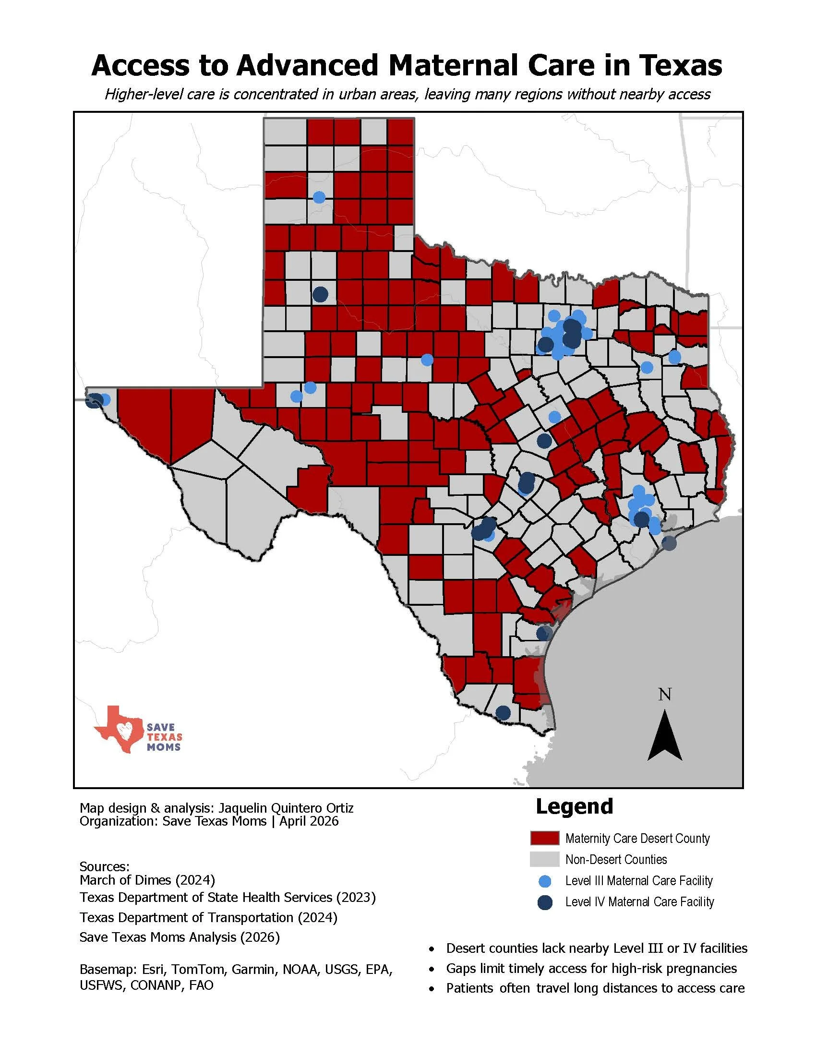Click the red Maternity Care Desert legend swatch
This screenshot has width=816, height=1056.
click(x=544, y=838)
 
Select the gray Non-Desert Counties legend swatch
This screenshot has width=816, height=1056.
click(x=544, y=859)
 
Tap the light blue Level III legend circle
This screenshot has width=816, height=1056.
click(x=545, y=880)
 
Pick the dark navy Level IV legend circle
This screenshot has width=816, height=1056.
click(x=545, y=902)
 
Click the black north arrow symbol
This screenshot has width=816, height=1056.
click(x=665, y=735)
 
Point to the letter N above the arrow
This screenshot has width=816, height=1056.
click(x=665, y=695)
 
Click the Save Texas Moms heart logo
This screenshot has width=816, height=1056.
click(x=120, y=729)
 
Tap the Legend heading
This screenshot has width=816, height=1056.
click(x=574, y=806)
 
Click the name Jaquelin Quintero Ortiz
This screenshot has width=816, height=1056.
click(x=286, y=808)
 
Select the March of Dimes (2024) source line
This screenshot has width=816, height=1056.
click(x=147, y=879)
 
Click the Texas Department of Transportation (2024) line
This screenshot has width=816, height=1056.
click(x=208, y=917)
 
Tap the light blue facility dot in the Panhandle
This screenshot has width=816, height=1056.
click(x=319, y=197)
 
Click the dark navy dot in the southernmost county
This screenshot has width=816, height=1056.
click(x=503, y=712)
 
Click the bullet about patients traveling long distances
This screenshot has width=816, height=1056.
click(x=595, y=988)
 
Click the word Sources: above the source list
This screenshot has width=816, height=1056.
click(x=105, y=866)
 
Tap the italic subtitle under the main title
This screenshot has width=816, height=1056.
click(x=407, y=94)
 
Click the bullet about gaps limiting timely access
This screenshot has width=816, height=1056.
click(x=591, y=968)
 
